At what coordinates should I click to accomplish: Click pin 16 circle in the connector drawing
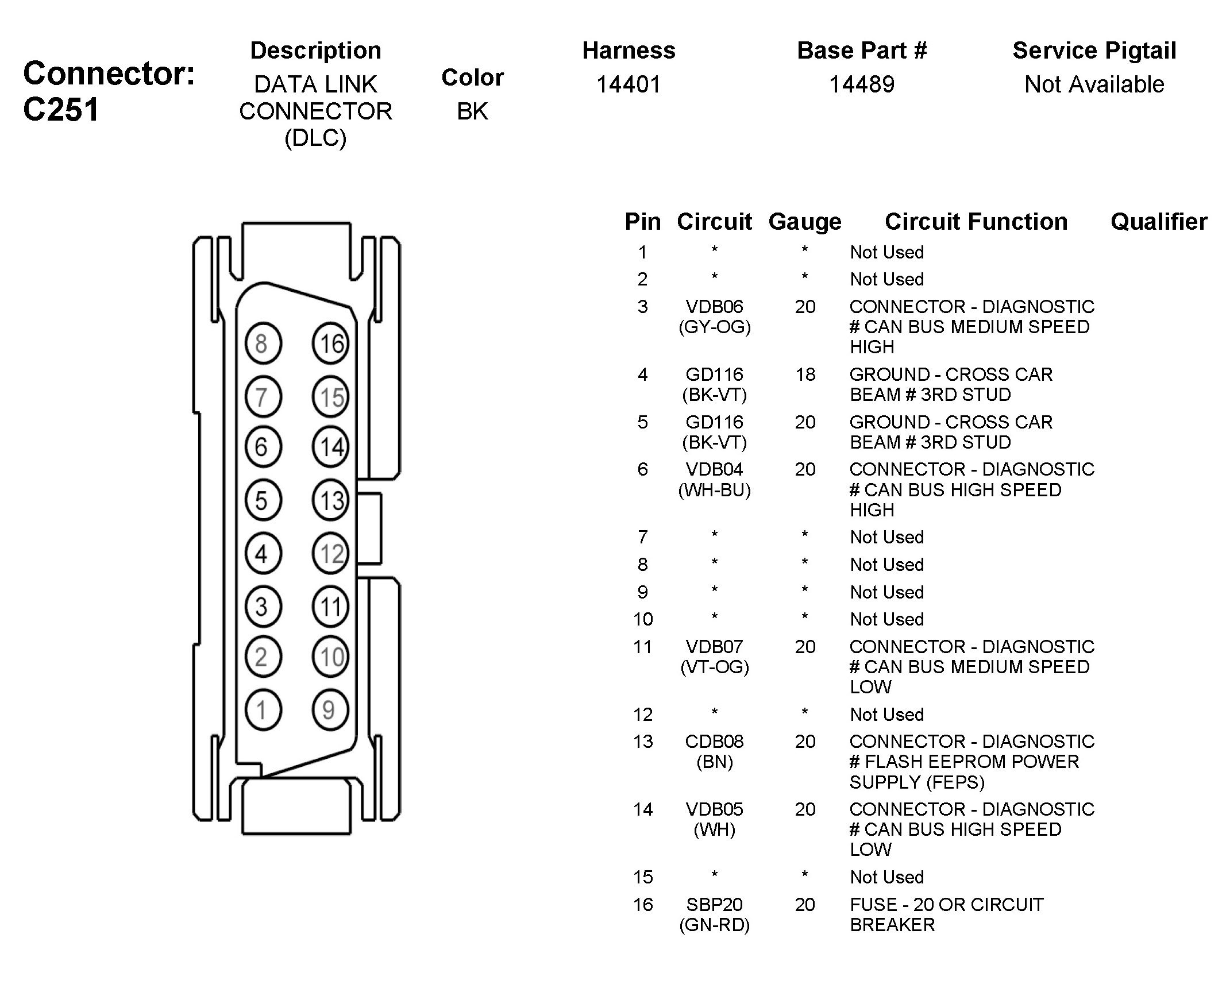(330, 344)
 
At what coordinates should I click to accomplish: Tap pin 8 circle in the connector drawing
(263, 344)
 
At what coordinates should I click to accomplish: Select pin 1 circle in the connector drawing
(263, 710)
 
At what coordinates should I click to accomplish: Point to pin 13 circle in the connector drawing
(330, 500)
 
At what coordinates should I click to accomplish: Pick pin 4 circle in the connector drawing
(263, 554)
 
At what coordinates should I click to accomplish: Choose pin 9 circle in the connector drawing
(330, 710)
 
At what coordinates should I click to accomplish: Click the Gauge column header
(805, 222)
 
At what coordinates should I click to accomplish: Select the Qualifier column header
(1159, 222)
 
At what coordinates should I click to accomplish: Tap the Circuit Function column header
(976, 222)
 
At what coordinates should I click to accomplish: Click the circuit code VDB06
(715, 307)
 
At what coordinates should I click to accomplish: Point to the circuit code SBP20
(715, 905)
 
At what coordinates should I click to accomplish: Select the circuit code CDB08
(715, 742)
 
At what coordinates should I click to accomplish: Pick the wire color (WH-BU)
(715, 490)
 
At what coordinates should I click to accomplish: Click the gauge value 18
(805, 375)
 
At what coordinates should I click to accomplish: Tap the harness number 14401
(629, 84)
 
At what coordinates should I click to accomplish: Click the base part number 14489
(862, 84)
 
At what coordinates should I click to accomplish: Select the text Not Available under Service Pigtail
(1094, 84)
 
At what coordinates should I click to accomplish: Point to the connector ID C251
(61, 109)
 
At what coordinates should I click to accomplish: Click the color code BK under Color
(472, 111)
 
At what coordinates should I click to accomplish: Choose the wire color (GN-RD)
(715, 925)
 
